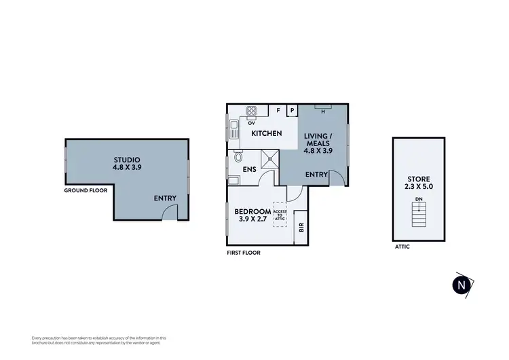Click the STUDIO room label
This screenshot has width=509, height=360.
tap(127, 158)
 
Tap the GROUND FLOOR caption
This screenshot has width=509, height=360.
tap(86, 191)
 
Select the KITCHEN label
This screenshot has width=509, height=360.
tap(267, 133)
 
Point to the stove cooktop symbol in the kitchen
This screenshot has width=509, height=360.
tap(251, 111)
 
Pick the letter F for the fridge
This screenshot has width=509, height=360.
tap(278, 110)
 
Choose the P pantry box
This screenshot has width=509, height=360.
tap(292, 110)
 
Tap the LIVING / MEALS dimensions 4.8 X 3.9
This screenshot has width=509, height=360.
tap(317, 151)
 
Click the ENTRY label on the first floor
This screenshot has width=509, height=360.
tap(316, 175)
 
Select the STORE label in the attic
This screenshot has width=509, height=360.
tap(417, 180)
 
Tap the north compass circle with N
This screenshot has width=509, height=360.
tap(462, 285)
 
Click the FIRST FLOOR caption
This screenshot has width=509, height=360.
tap(244, 253)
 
